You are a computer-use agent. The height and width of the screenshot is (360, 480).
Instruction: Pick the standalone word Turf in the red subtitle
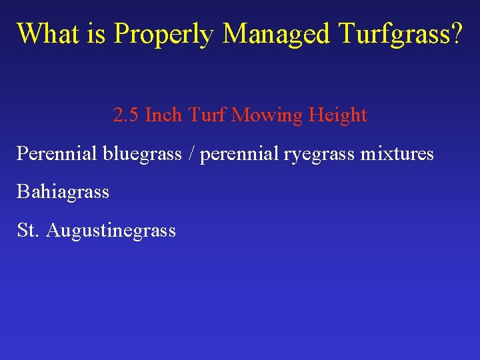click(x=207, y=115)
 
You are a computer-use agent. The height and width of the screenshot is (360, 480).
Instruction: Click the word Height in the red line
click(x=337, y=116)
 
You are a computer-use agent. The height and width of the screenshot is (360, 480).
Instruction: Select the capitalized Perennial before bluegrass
click(x=57, y=154)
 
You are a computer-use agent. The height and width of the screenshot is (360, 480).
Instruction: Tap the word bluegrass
click(x=142, y=155)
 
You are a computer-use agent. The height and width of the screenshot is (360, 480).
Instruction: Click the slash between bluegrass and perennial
click(x=191, y=155)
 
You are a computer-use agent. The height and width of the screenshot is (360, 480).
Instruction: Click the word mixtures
click(x=397, y=154)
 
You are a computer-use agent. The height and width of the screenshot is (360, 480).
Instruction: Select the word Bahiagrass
click(x=63, y=193)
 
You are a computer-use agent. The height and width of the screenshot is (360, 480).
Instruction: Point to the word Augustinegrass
click(x=111, y=231)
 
